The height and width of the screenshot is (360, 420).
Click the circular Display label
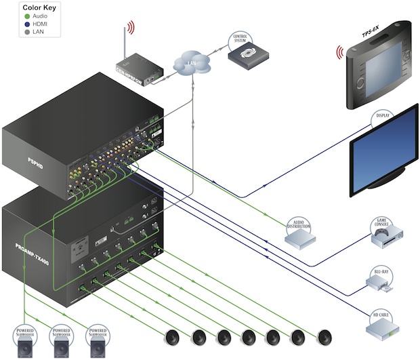(383, 121)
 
